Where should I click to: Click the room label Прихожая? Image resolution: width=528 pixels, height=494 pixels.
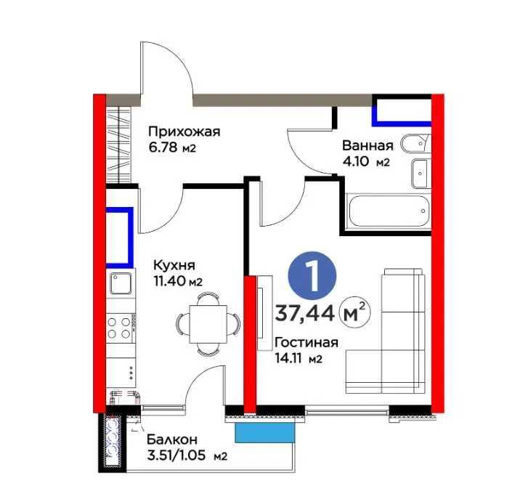click(184, 131)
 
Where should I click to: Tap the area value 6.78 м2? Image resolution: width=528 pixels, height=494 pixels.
click(173, 147)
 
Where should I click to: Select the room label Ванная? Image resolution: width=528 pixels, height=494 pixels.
click(368, 145)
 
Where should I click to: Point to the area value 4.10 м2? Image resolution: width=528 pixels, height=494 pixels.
click(367, 162)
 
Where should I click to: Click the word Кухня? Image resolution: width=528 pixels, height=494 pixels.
click(174, 266)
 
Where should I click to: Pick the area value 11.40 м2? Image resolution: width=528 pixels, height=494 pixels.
click(177, 282)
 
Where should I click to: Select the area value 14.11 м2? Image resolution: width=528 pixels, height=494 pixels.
click(298, 358)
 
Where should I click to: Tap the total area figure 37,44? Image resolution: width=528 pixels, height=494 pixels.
click(305, 313)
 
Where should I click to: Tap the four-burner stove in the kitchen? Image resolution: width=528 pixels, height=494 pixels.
click(121, 325)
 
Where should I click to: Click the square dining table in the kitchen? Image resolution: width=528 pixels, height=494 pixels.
click(207, 323)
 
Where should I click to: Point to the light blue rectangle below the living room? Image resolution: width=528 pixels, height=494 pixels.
click(266, 432)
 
